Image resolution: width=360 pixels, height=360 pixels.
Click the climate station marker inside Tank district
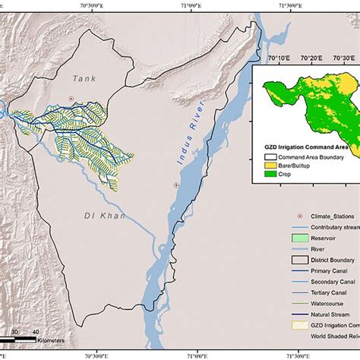(70, 99)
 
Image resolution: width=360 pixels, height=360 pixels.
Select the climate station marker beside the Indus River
(176, 185)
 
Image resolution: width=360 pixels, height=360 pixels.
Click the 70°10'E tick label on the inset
(279, 57)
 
